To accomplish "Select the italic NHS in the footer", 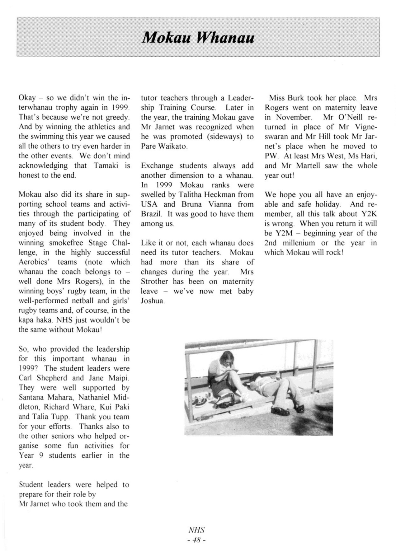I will (x=196, y=530).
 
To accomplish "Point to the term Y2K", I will (x=368, y=214).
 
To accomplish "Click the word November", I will (x=293, y=118).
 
